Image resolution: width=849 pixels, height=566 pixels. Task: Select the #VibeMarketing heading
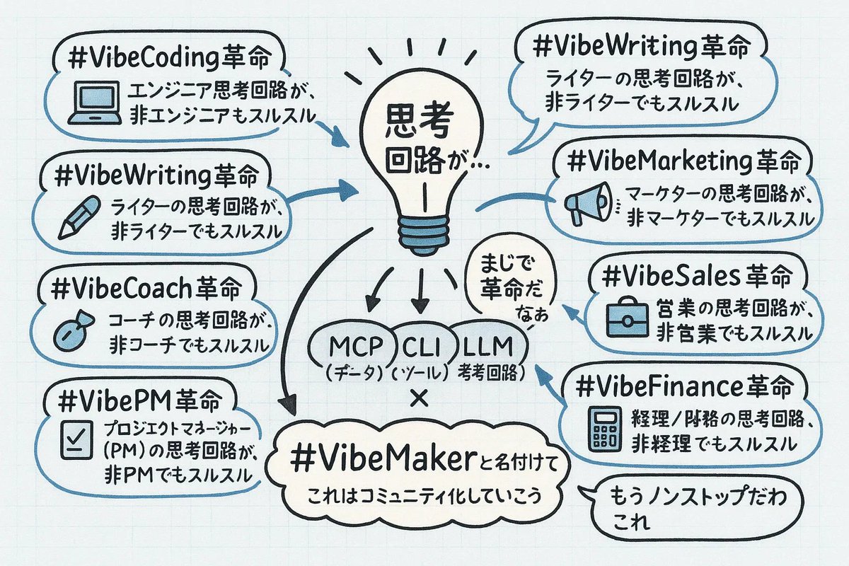tap(681, 161)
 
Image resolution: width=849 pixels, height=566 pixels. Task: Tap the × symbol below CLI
tap(420, 398)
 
